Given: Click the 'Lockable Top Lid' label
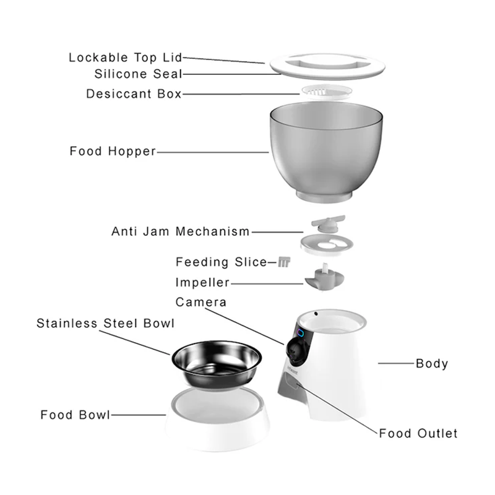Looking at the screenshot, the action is (126, 58).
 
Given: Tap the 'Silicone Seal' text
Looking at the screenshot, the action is (138, 74).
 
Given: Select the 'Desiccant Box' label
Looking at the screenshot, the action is (134, 94).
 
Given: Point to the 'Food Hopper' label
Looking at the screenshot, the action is (113, 151).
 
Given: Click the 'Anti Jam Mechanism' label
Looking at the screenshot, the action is (181, 231).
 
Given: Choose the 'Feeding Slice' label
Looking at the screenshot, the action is (222, 262).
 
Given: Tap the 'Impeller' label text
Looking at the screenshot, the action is (202, 282).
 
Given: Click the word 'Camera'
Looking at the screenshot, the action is (200, 302).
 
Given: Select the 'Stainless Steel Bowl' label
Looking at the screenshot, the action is (105, 323).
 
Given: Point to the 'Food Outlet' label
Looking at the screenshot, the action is (418, 434).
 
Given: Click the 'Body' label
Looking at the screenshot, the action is (432, 363).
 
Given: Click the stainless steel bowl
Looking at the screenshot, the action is (217, 364).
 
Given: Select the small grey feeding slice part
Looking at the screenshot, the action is (284, 262).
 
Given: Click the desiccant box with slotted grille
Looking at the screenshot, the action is (327, 92).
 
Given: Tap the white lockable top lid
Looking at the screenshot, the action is (327, 67).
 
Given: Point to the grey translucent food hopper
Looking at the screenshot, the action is (326, 152).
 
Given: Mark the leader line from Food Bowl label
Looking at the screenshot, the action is (138, 415).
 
